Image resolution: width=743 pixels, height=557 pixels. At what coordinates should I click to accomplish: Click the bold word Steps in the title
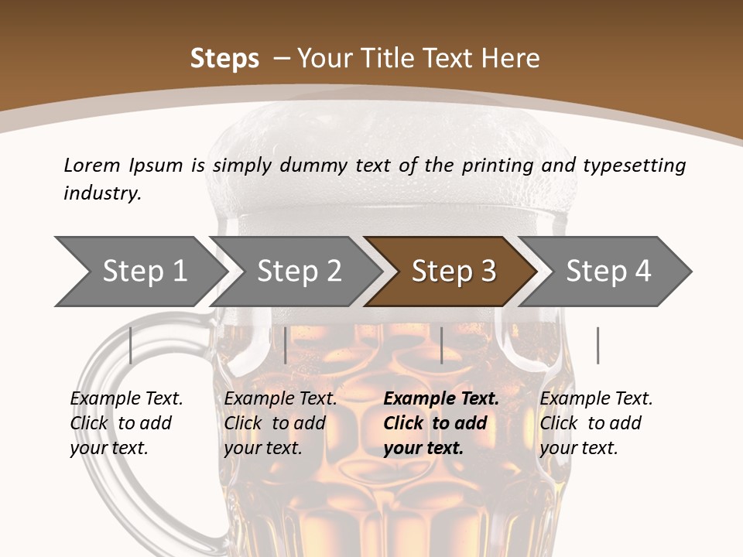[x=224, y=59]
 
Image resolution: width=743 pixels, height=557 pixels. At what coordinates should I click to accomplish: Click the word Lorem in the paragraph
[x=91, y=166]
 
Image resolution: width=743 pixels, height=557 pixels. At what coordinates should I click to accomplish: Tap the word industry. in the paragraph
[x=102, y=193]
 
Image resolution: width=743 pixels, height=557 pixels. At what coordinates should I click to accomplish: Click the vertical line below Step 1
[x=131, y=345]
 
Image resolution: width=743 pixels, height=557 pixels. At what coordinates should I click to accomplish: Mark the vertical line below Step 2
[x=286, y=345]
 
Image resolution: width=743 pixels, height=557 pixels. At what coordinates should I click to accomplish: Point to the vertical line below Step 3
[x=441, y=345]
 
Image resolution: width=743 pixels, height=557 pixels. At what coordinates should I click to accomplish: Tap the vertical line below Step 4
[x=597, y=345]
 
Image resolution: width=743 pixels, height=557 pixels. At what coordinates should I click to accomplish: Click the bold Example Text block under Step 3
[x=441, y=423]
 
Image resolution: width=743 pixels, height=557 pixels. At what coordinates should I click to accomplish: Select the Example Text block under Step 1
[x=126, y=423]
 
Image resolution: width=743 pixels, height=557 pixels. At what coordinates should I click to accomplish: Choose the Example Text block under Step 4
[x=596, y=423]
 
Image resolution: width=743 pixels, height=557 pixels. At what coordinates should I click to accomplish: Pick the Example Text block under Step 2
[x=280, y=423]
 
